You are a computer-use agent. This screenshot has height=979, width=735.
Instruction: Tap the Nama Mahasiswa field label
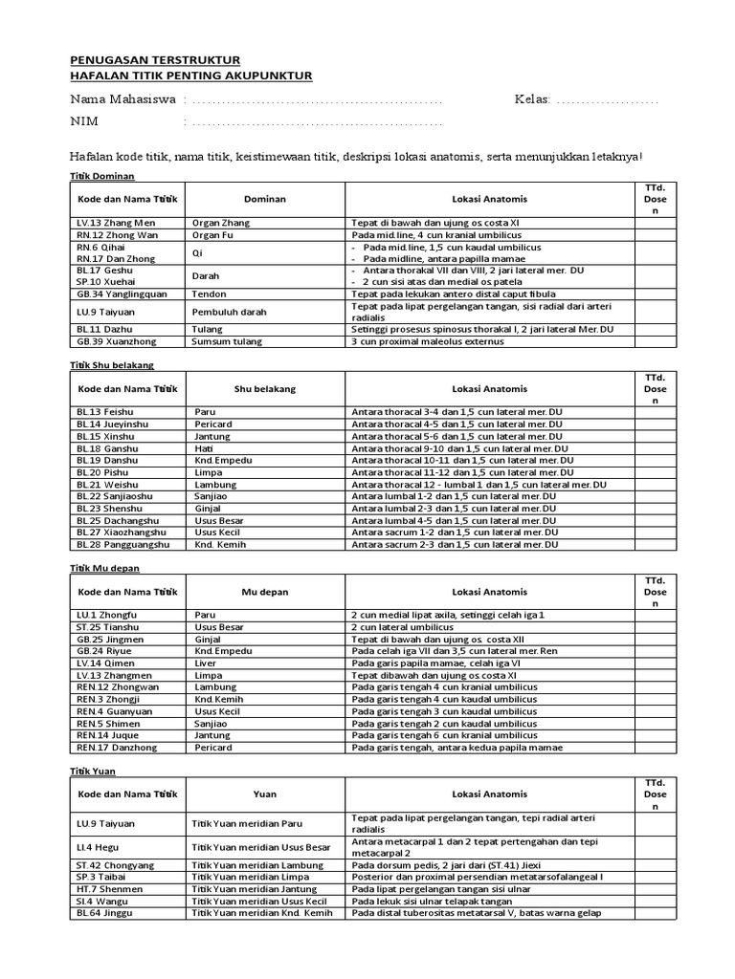[122, 100]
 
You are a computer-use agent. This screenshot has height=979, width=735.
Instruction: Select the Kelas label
[532, 100]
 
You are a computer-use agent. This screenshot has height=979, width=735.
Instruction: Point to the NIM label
[85, 122]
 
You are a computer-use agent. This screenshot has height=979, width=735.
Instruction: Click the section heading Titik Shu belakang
[113, 364]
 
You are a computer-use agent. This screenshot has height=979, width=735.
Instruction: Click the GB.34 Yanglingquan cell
[122, 294]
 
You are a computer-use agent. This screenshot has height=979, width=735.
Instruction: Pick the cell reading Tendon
[210, 294]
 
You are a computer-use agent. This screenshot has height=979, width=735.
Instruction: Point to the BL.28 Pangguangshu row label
[122, 544]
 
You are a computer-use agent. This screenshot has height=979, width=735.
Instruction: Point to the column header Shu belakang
[265, 389]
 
